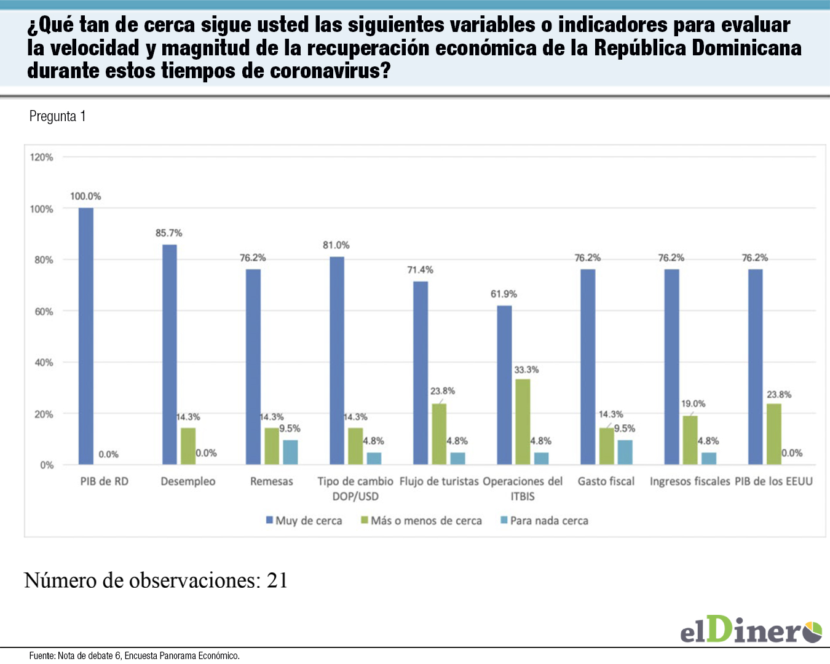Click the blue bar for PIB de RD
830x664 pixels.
coord(86,336)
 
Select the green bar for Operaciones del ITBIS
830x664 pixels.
coord(523,422)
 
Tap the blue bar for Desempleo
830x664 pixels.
coord(170,355)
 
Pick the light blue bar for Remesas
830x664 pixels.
coord(290,452)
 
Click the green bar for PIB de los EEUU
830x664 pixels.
coord(774,434)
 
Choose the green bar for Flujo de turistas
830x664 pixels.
coord(439,434)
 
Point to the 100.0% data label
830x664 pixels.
coord(85,196)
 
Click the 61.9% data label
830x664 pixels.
coord(504,294)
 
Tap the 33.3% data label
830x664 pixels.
coord(526,370)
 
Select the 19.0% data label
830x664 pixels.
coord(693,404)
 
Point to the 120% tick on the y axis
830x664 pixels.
coord(41,157)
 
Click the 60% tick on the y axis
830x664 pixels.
coord(44,312)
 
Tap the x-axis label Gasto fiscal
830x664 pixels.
coord(606,481)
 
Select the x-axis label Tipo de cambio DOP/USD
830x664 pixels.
coord(355,489)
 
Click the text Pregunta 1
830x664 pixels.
coord(57,116)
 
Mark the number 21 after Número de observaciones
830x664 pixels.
coord(277,580)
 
